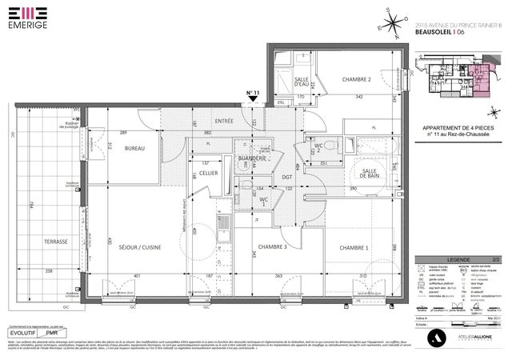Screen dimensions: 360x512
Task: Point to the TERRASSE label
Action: tap(56, 242)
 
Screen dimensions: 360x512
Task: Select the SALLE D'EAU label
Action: tap(302, 83)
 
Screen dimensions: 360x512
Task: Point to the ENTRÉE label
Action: tap(224, 121)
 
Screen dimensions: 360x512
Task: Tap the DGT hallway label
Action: tap(286, 177)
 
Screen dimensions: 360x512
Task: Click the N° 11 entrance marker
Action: tap(254, 94)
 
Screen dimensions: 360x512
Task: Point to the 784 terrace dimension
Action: tap(30, 206)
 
